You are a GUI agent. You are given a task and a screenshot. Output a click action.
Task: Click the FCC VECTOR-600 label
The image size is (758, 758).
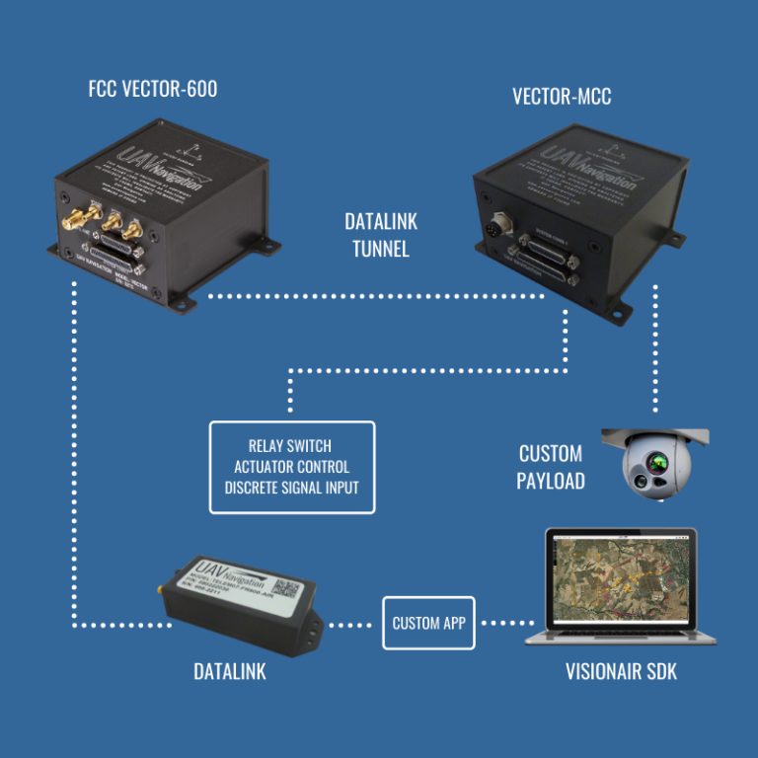coord(152,89)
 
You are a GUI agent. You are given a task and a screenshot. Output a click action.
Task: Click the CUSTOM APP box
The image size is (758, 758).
coord(428,623)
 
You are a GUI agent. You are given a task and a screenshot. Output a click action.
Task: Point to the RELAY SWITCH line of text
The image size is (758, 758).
coord(291,446)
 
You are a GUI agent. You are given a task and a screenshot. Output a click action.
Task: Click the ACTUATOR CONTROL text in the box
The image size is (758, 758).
coord(291,466)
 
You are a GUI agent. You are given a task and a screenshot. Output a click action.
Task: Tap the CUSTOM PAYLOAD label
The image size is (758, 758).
coord(552,467)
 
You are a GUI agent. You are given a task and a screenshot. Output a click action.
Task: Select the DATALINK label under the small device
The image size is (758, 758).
coord(229,673)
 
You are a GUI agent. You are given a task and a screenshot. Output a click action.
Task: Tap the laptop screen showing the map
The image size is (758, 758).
coord(621,583)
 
